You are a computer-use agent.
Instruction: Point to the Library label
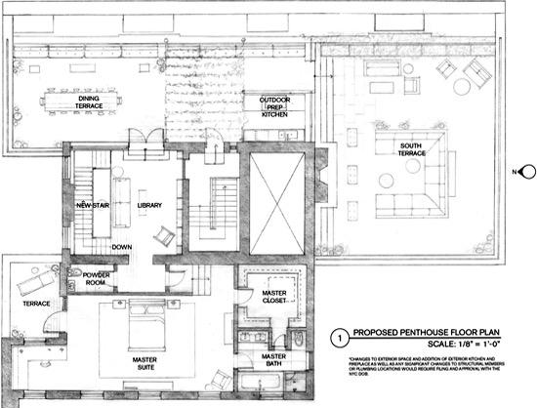(149, 204)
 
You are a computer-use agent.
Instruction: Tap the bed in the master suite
(142, 322)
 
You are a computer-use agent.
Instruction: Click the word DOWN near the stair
(122, 248)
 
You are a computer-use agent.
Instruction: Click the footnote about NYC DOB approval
(430, 369)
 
